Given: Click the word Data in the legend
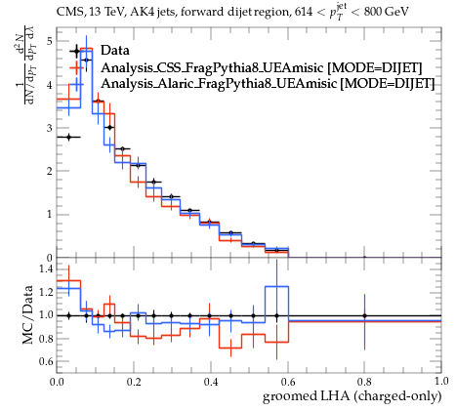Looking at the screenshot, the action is click(x=115, y=51).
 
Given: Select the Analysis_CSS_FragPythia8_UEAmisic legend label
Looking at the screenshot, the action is click(x=212, y=67).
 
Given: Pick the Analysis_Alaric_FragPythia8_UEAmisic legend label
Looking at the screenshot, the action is click(x=219, y=83).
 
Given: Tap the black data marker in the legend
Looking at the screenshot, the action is click(x=76, y=51).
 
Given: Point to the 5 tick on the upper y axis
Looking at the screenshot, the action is click(x=49, y=42).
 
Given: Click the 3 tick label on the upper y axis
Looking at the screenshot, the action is click(x=49, y=128).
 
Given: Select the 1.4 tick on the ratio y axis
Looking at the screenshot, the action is click(x=45, y=269).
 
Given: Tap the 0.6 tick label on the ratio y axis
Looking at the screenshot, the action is click(x=45, y=361).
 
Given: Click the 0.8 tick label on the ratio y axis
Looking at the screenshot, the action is click(x=45, y=339).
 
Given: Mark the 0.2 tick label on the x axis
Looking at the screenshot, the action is click(x=134, y=382).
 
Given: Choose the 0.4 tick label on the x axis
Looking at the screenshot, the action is click(x=211, y=382).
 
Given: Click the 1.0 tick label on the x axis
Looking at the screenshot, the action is click(x=441, y=382).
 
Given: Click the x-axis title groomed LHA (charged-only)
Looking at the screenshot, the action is click(x=352, y=396).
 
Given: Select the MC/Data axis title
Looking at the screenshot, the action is click(x=28, y=314).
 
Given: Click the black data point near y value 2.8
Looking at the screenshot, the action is click(x=68, y=137).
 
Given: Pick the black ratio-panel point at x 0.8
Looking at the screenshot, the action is click(x=364, y=315).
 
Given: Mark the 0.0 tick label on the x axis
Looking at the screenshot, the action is click(x=57, y=382).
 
